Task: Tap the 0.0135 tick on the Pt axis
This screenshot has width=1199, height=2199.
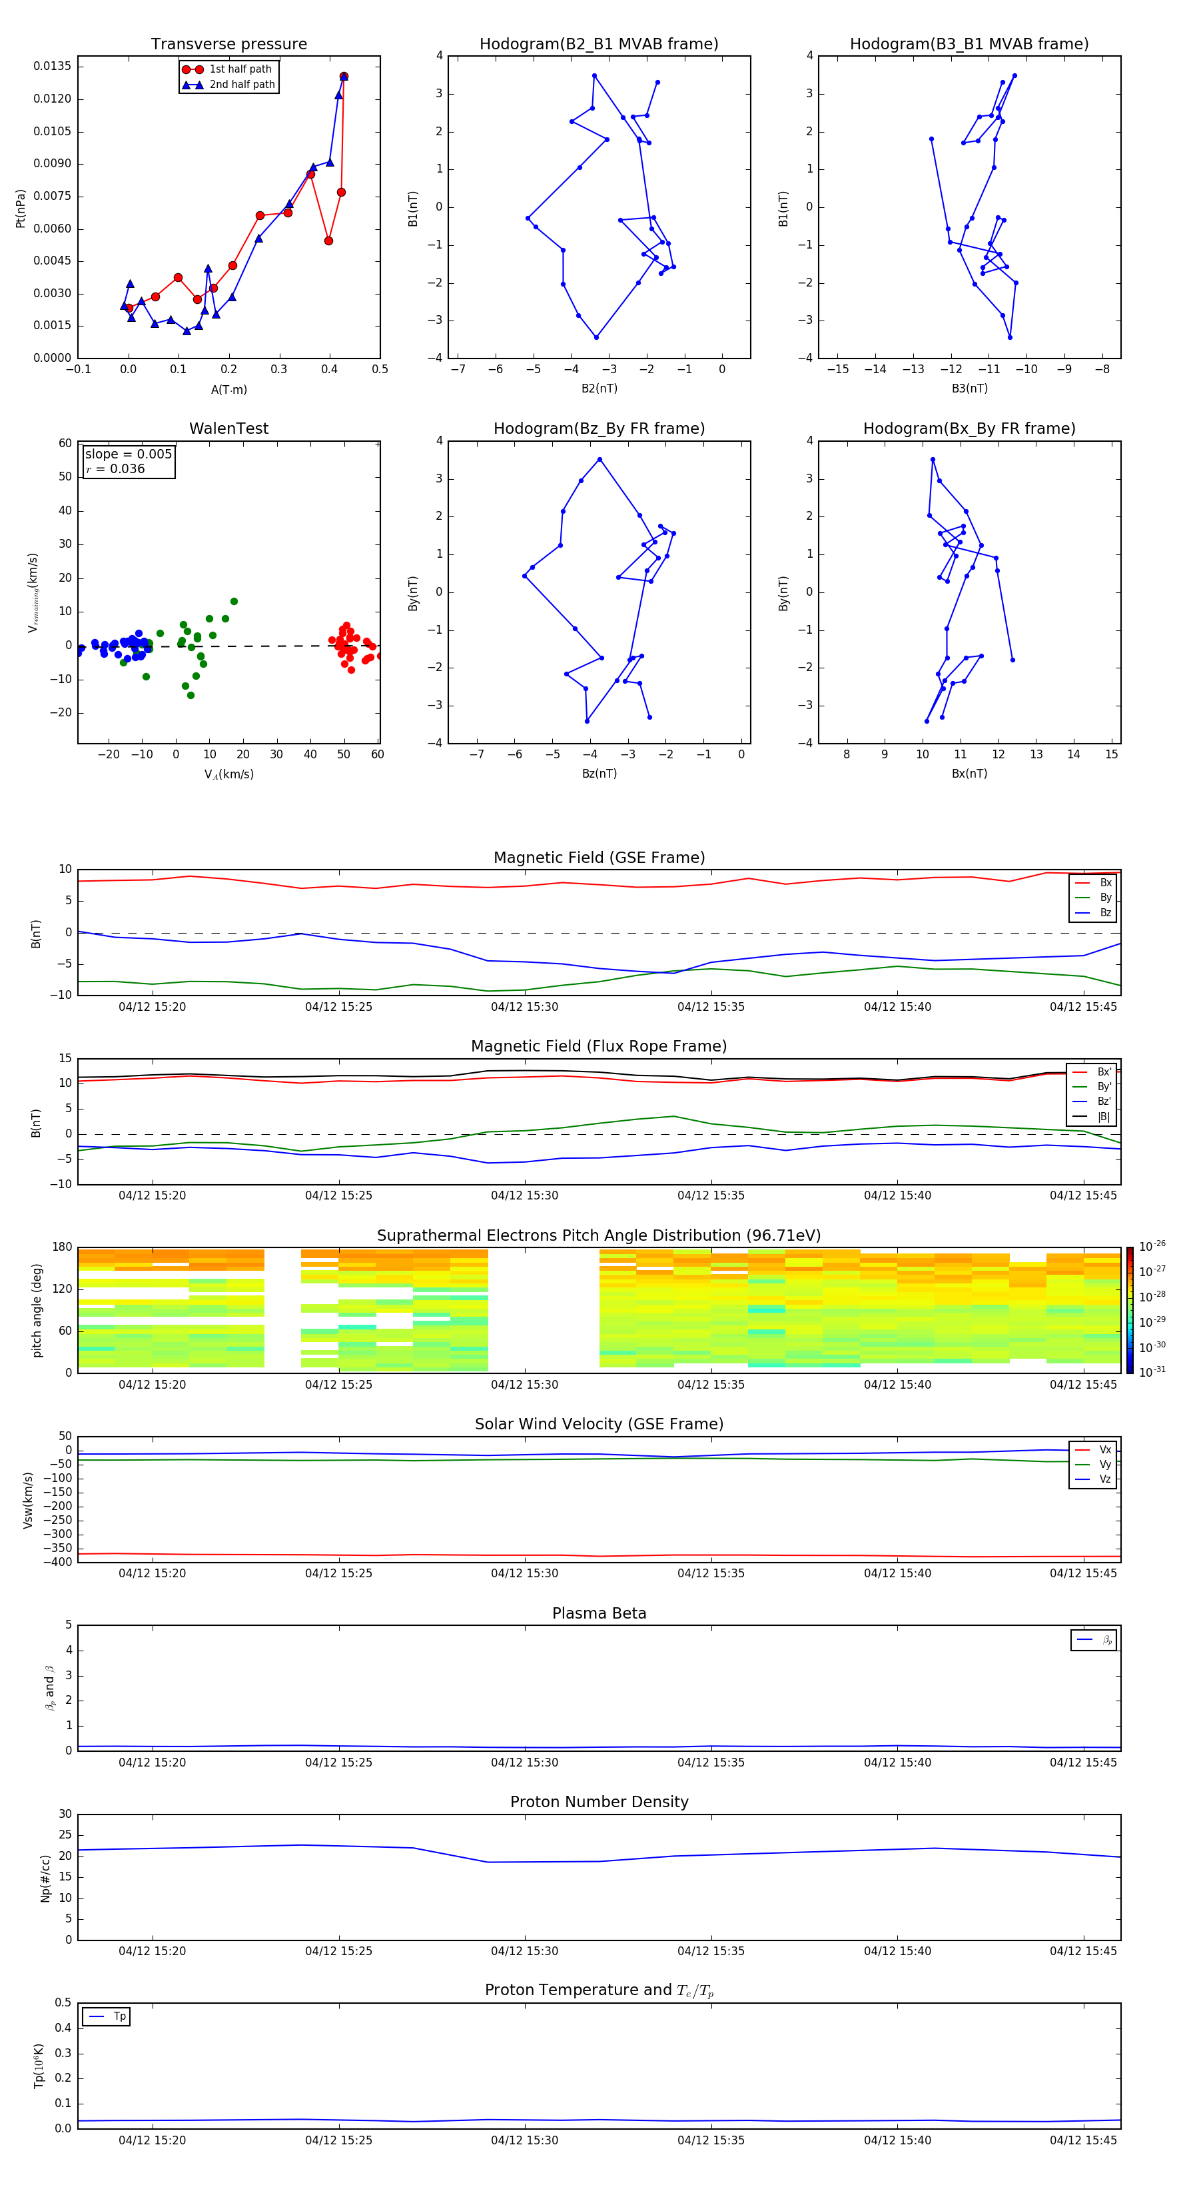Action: [52, 67]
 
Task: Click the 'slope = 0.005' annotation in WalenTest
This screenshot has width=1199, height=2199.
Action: [128, 454]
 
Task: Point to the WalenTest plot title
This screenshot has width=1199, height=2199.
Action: [228, 428]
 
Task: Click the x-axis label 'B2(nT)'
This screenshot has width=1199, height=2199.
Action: [599, 388]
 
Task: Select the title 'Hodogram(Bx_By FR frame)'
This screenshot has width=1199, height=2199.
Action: [969, 428]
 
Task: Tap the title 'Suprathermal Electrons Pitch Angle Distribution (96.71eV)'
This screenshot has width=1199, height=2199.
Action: [598, 1235]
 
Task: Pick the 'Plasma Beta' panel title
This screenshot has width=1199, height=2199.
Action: [599, 1613]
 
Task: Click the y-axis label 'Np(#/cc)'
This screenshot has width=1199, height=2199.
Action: [46, 1878]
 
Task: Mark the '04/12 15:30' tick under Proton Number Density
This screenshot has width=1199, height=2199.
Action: [524, 1950]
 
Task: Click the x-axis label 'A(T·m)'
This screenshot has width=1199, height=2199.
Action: [228, 390]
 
